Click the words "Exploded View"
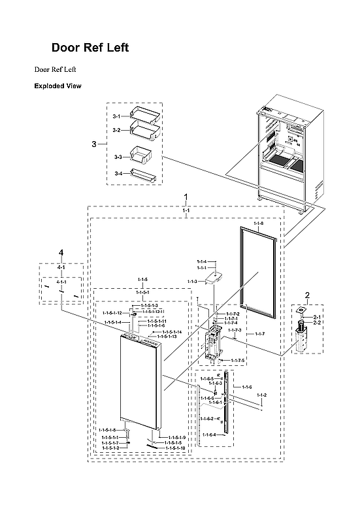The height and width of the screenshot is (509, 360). pyautogui.click(x=57, y=86)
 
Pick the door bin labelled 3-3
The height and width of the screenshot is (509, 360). pyautogui.click(x=140, y=155)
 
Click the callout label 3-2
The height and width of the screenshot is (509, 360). pyautogui.click(x=116, y=131)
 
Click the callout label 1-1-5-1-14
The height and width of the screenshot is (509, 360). pyautogui.click(x=172, y=333)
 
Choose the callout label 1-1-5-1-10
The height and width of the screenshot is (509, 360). pyautogui.click(x=175, y=448)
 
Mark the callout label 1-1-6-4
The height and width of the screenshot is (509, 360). pyautogui.click(x=208, y=434)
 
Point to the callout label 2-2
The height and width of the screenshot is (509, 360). pyautogui.click(x=317, y=323)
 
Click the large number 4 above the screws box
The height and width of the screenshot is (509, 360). pyautogui.click(x=61, y=252)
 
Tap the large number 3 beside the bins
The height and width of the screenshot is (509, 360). pyautogui.click(x=94, y=144)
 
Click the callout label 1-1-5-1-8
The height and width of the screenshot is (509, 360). pyautogui.click(x=109, y=429)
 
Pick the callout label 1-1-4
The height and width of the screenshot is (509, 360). pyautogui.click(x=202, y=261)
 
